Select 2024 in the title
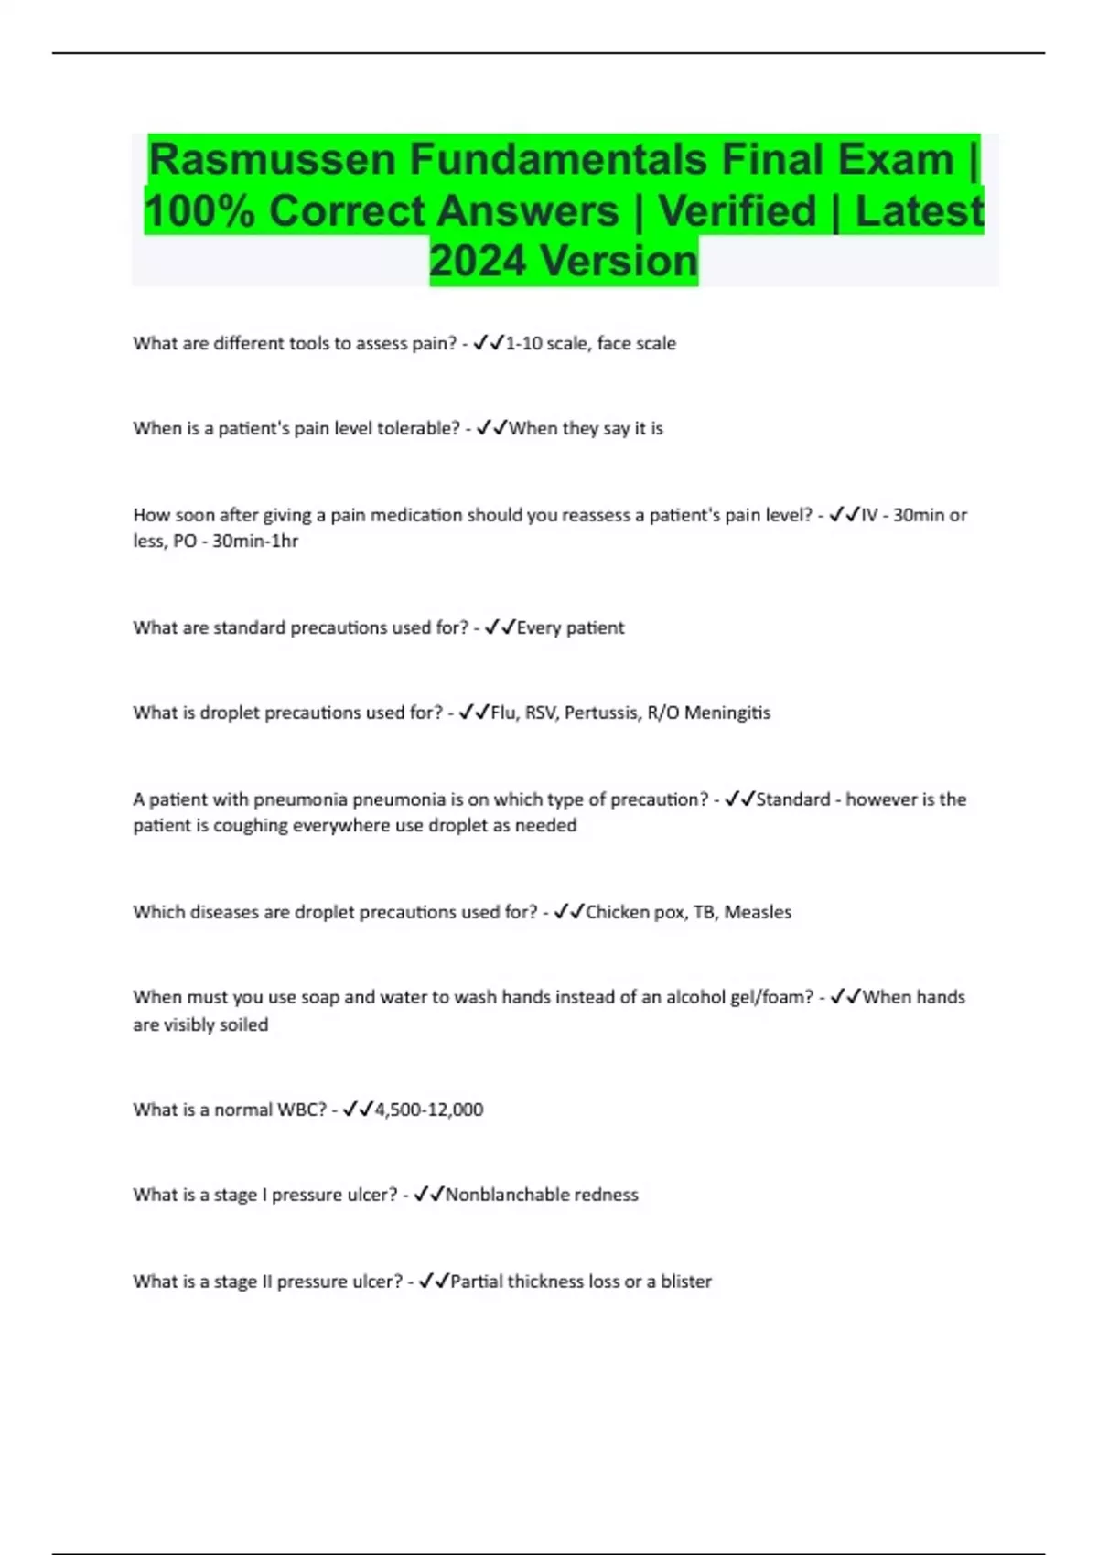point(479,262)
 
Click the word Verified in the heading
point(737,211)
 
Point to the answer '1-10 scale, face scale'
point(590,344)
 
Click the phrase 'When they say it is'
point(586,429)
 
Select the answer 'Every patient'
point(570,628)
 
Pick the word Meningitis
point(727,713)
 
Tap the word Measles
point(758,913)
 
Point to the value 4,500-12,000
point(429,1110)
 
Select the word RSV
point(540,713)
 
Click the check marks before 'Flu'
point(474,713)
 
